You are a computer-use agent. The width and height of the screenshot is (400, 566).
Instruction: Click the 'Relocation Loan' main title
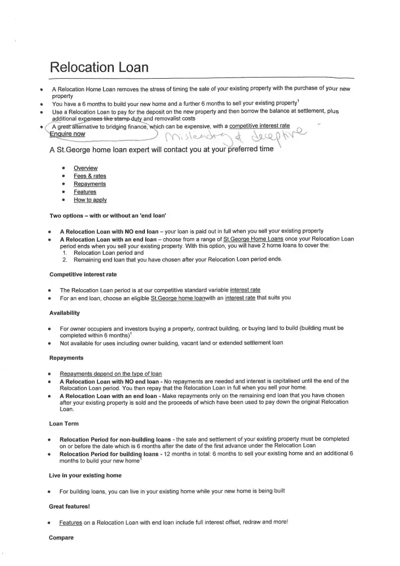point(99,67)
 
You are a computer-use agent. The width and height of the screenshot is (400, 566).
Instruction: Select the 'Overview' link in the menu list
point(85,168)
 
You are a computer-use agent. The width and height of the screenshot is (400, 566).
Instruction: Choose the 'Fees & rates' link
point(89,176)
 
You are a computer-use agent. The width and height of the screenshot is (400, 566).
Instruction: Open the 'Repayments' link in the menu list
point(89,184)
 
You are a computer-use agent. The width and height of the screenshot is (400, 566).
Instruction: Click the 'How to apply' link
point(90,200)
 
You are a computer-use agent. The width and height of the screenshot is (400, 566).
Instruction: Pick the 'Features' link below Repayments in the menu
point(85,192)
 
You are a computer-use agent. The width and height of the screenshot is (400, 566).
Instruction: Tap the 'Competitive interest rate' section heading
point(83,275)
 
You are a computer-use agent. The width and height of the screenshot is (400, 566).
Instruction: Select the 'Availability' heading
point(64,313)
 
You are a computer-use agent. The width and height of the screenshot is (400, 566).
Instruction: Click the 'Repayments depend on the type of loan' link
point(111,374)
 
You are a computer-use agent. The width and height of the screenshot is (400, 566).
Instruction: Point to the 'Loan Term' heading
point(64,423)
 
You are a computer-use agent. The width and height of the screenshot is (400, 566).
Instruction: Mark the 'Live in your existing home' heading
point(85,475)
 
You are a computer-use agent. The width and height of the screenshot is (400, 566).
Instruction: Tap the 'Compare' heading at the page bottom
point(61,537)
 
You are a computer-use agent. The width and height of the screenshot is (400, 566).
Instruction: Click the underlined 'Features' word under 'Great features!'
point(71,522)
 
